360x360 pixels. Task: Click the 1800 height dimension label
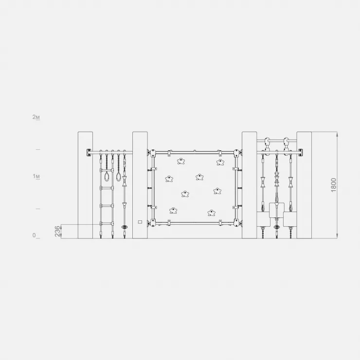[x=334, y=185]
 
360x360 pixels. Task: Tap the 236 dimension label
[x=57, y=231]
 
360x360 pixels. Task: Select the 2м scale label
[x=36, y=117]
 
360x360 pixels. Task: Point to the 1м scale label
[x=36, y=176]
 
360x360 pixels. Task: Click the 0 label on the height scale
[x=34, y=235]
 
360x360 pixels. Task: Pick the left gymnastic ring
[x=107, y=176]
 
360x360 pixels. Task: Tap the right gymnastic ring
[x=119, y=176]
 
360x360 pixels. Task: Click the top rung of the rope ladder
[x=107, y=170]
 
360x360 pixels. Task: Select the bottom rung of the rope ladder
[x=107, y=223]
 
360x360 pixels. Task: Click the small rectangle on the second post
[x=140, y=222]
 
